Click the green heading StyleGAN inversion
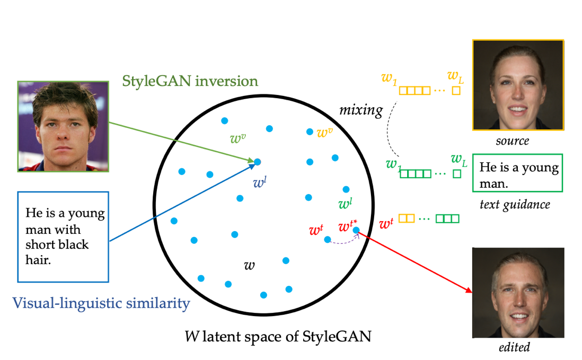coord(190,81)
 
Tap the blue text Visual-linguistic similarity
coord(101,303)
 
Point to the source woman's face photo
coord(518,85)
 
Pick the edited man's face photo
coord(517,293)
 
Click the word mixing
coord(361,110)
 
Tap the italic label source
coord(512,142)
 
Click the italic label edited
coord(514,348)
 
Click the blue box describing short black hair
coord(63,236)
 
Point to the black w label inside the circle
coord(249,265)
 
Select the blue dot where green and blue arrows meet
coord(257,162)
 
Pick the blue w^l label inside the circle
coord(259,183)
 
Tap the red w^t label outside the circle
coord(386,224)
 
